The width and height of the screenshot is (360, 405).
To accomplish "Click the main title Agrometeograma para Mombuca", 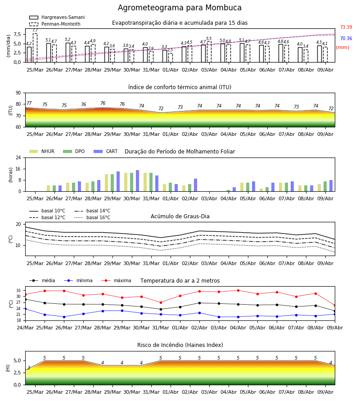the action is coord(180,8).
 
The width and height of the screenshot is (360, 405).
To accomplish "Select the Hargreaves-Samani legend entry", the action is coord(57,17).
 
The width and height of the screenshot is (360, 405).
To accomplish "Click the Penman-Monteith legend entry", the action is coord(55,24).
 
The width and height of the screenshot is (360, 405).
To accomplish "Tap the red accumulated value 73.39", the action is coord(346,27).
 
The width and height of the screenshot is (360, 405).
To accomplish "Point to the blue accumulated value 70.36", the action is coord(346,39).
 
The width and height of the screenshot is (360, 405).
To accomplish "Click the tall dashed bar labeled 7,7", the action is coord(35,48).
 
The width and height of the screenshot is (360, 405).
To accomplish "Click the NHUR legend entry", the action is coord(42,151).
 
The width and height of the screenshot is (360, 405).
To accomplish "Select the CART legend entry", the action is coord(106,151).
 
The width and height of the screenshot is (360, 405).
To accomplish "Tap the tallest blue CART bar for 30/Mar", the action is coord(138,181).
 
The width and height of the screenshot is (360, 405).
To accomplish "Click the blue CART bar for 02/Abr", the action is coord(196,185).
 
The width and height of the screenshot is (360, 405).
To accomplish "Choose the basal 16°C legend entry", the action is coord(92,217).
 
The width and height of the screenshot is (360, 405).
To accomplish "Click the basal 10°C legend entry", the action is coord(47,211).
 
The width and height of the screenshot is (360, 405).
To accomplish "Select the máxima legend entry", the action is coord(116,280).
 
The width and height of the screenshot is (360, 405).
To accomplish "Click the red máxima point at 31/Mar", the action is coord(161,302).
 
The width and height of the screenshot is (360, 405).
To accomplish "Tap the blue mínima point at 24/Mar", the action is coord(25,309).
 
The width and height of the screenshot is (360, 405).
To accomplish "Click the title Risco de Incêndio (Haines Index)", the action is coord(180,345).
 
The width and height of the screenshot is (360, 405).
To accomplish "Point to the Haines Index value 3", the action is coord(29,368).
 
